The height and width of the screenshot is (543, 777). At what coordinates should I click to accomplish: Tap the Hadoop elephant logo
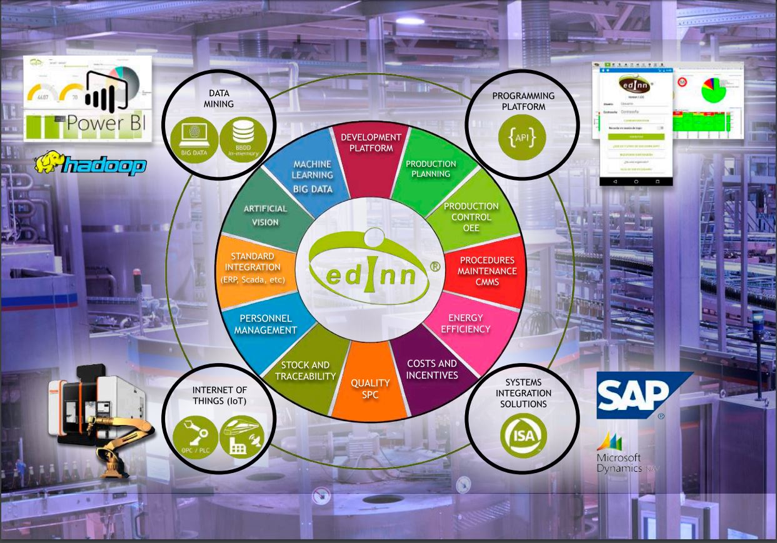(91, 164)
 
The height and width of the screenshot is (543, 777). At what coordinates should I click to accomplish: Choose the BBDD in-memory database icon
(242, 139)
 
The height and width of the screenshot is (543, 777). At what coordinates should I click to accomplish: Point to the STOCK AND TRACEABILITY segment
(305, 371)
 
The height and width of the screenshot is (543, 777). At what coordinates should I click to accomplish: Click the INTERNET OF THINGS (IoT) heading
(219, 396)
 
